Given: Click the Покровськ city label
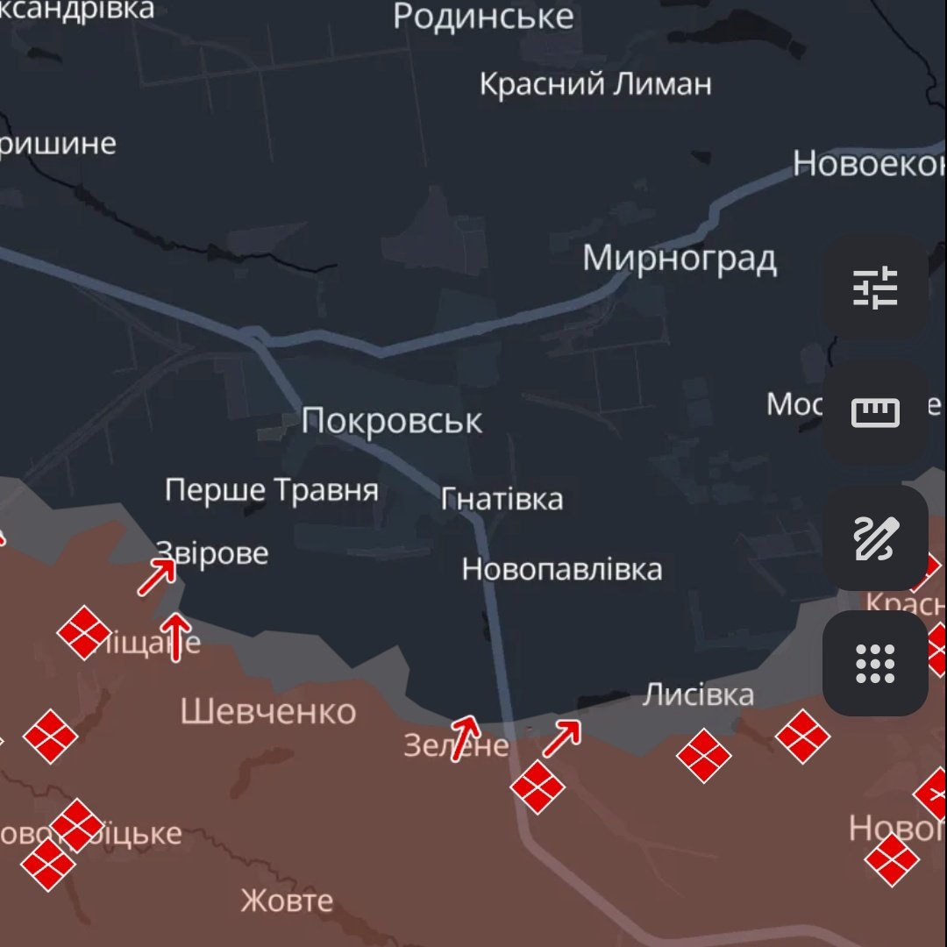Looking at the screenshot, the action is [x=391, y=422].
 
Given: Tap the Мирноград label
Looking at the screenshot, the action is [x=680, y=260].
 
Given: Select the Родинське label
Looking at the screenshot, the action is [x=483, y=17].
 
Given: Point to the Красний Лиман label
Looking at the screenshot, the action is [x=595, y=85].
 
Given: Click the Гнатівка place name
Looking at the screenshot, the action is [x=502, y=500].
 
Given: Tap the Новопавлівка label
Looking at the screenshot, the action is [x=562, y=570].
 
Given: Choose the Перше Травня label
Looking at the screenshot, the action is [x=272, y=490].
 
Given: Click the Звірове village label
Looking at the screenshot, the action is [x=212, y=554].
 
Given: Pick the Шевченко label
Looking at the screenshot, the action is [x=268, y=712].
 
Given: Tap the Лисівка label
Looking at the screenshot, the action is [x=698, y=695].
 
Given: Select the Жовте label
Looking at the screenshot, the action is [x=287, y=901].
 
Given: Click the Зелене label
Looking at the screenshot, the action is [x=456, y=746].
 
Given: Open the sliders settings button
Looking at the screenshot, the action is [x=875, y=288].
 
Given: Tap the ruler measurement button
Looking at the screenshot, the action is [x=875, y=412].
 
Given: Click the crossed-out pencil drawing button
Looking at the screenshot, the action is [x=875, y=538].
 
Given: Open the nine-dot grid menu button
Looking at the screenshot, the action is [x=875, y=663].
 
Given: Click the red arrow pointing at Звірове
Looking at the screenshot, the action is [x=158, y=577].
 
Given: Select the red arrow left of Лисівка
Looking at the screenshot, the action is [x=562, y=737].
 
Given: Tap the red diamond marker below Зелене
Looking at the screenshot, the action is [x=538, y=787].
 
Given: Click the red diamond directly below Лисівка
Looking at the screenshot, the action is [x=704, y=755].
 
